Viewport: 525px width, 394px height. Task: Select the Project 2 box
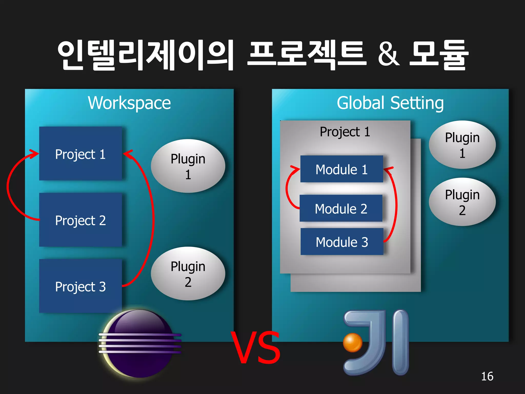coord(80,220)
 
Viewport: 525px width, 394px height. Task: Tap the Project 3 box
coord(80,286)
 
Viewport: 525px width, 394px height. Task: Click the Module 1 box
coord(341,169)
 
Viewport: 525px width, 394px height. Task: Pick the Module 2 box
coord(341,208)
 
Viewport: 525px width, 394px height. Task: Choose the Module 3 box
coord(342,242)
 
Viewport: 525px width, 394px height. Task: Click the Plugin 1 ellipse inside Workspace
coord(188,166)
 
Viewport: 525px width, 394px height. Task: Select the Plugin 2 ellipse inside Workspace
coord(188,273)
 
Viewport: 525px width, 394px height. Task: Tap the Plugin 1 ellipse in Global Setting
coord(462,145)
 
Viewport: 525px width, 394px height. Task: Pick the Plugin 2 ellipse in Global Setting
coord(462,202)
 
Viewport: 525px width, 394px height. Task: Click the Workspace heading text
coord(129,103)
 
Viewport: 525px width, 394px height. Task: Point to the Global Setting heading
coord(390,103)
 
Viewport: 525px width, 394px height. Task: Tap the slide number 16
coord(487,376)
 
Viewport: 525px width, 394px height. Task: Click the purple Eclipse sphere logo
coord(140,344)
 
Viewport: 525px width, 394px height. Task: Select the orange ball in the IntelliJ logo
coord(352,342)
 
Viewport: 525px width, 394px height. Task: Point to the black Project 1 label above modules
coord(345,132)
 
